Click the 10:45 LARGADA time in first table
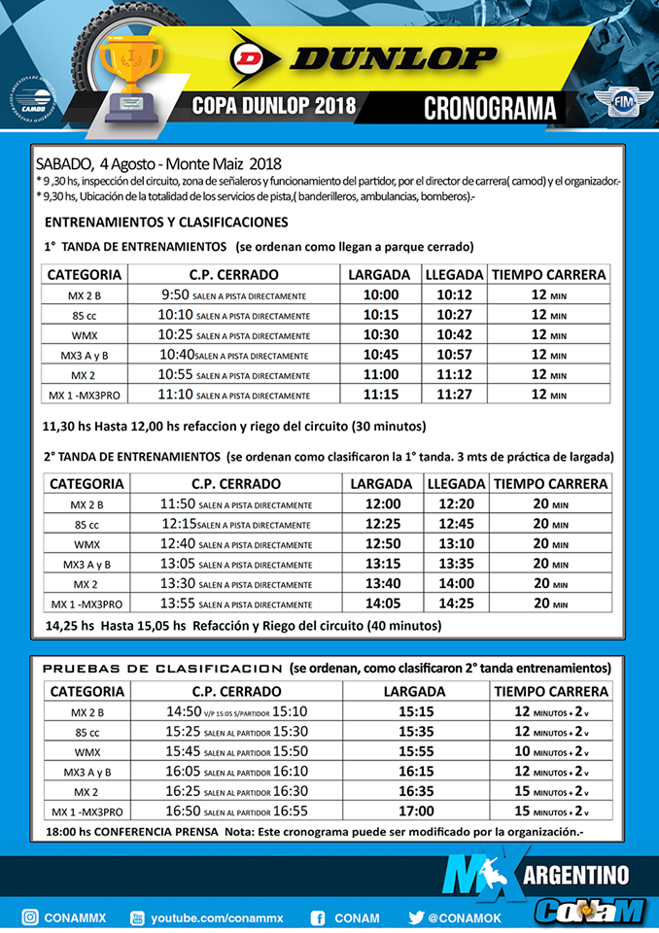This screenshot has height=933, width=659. coord(381,355)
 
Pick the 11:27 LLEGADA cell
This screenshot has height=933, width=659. coord(454,396)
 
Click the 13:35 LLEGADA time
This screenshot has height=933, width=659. coord(456,564)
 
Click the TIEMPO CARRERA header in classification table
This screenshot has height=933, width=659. coord(551,691)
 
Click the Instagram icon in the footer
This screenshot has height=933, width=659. coord(31,916)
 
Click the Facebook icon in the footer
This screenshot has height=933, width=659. coord(317,916)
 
